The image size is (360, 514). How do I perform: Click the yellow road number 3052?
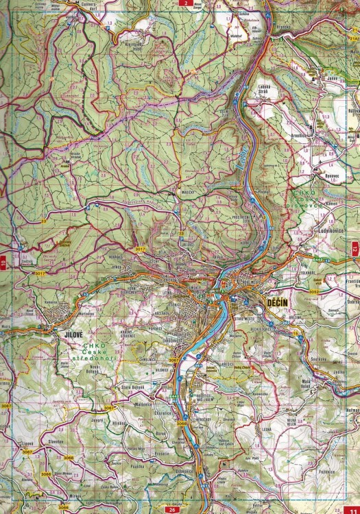point(313,291)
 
